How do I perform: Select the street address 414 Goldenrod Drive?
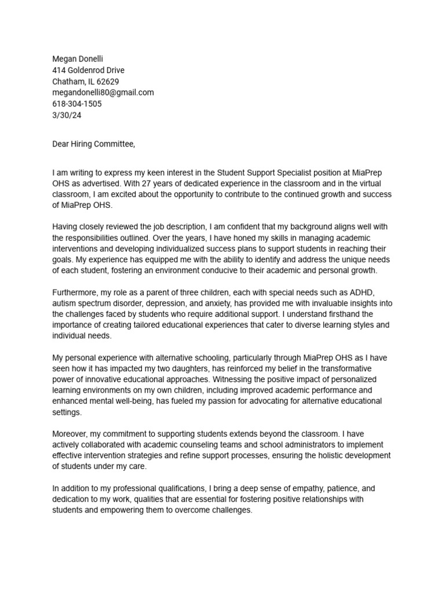[x=88, y=70]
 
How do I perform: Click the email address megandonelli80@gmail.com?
[x=103, y=93]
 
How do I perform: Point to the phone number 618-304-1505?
[x=77, y=104]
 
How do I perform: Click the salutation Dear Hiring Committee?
[x=93, y=144]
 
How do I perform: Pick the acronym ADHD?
[x=370, y=293]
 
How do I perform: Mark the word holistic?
[x=346, y=456]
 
